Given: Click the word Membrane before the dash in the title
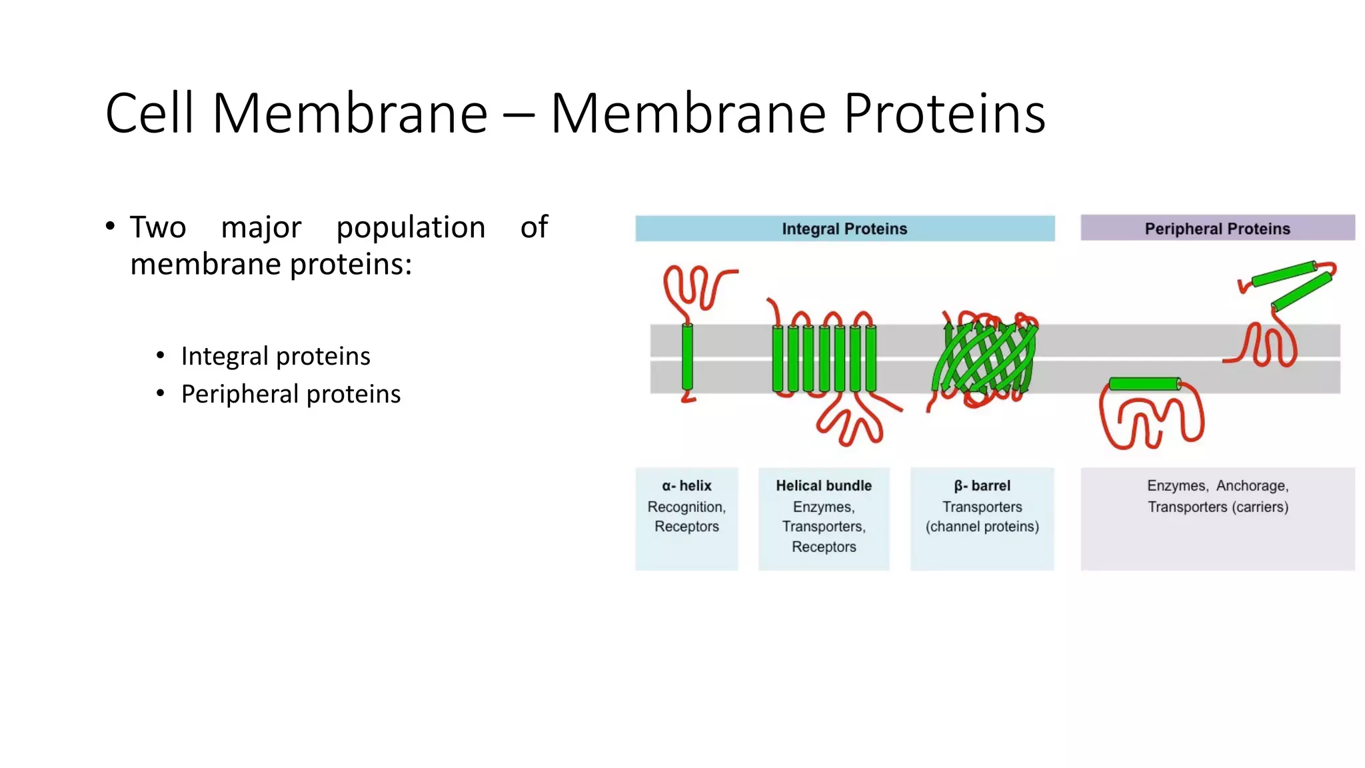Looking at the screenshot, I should point(350,113).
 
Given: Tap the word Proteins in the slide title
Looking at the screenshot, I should point(944,113).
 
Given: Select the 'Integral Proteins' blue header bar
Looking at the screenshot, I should point(844,229).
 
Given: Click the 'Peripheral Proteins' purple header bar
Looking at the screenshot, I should point(1217,229).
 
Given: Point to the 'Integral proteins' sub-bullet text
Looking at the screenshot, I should point(275,356).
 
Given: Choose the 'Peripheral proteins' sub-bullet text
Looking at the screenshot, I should point(291,394).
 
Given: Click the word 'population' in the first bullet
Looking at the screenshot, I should point(411,227).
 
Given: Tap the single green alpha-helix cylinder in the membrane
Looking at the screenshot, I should point(687,357).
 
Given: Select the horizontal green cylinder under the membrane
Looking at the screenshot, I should point(1144,383).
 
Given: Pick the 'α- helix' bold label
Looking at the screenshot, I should point(686,486).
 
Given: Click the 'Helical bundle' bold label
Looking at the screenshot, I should point(824,486).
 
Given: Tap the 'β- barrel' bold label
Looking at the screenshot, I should point(982,486).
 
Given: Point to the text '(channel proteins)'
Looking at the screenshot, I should point(982,527).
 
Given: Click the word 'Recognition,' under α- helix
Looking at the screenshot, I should point(686,507).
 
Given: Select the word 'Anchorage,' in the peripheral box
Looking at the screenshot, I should point(1252,486).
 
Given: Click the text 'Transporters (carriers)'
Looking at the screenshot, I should point(1218,507).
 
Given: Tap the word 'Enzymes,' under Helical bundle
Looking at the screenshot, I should point(824,507).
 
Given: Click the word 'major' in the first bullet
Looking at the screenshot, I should point(261,227).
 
